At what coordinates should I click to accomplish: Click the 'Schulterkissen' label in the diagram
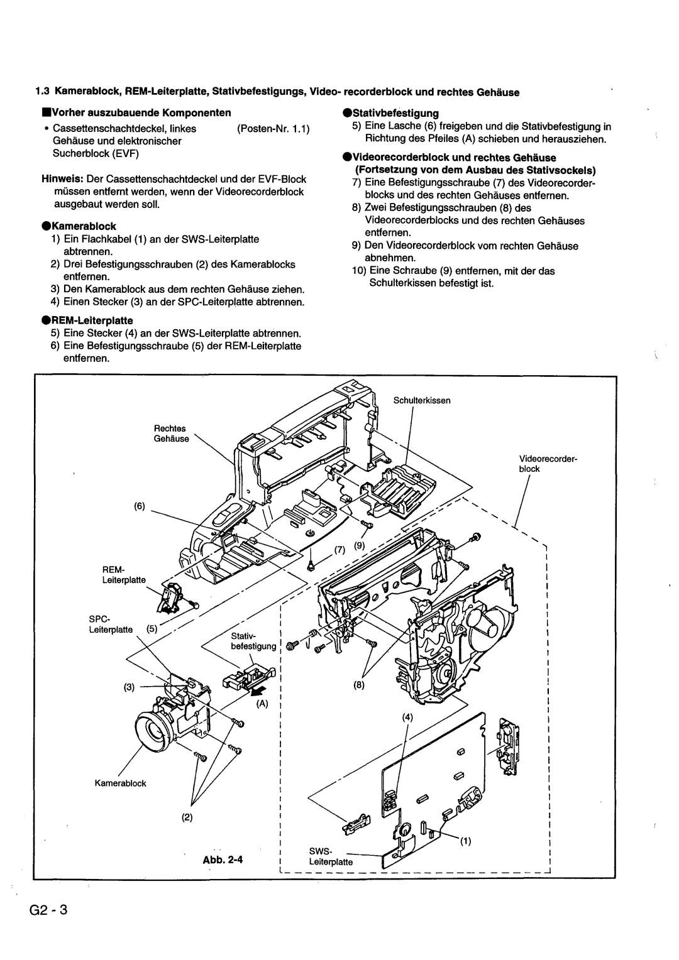(x=422, y=400)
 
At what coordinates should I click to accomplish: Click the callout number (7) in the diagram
(x=340, y=550)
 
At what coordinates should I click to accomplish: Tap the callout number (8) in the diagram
(x=359, y=687)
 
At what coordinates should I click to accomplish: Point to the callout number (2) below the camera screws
(x=188, y=818)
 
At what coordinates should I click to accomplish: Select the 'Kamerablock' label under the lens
(x=121, y=783)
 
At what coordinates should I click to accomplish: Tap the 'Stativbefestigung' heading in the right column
(x=395, y=113)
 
